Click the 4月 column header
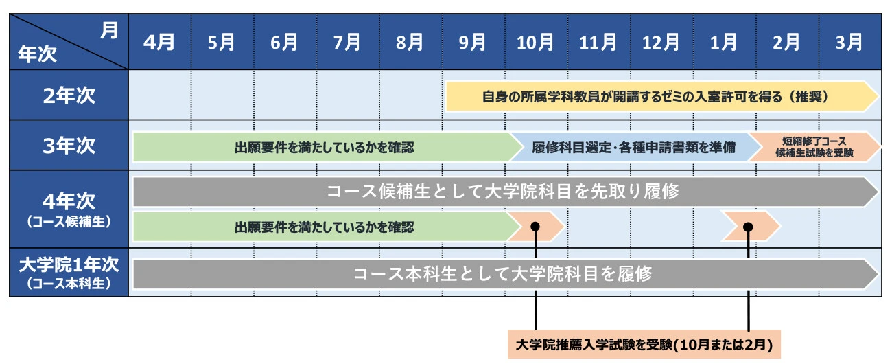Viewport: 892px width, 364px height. click(159, 43)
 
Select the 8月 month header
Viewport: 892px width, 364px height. click(410, 43)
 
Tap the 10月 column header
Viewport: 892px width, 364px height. click(535, 43)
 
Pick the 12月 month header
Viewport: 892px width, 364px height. click(661, 43)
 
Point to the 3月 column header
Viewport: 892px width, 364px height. click(849, 43)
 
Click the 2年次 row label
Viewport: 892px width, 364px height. click(69, 95)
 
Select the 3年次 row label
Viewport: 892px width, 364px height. click(69, 146)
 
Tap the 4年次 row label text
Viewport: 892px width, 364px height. click(69, 201)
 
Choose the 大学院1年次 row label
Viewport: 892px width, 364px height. click(69, 264)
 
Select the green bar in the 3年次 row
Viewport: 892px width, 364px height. click(327, 147)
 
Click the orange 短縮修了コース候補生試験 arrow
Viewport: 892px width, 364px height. click(814, 147)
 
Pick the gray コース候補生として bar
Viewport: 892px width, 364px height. click(505, 192)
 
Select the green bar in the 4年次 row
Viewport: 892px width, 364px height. click(327, 227)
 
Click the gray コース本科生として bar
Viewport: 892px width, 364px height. click(505, 274)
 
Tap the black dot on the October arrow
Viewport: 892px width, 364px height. click(535, 227)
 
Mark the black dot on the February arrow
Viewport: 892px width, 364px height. click(748, 227)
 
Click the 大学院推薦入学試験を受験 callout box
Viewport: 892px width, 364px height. click(644, 344)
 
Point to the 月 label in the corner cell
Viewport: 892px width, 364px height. click(109, 30)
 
